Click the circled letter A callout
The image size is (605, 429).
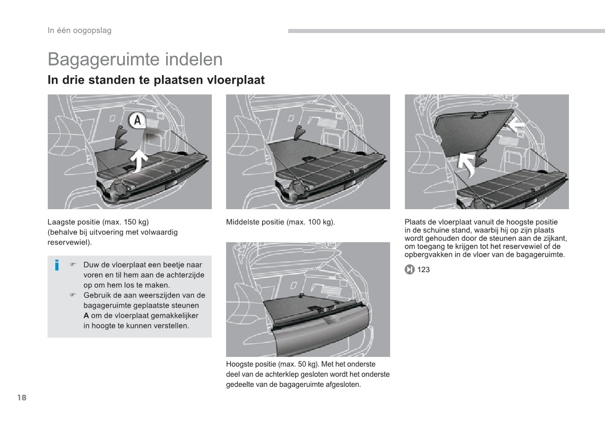pyautogui.click(x=137, y=121)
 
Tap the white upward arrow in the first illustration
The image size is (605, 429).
pyautogui.click(x=140, y=160)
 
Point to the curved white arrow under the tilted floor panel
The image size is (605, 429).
pyautogui.click(x=466, y=163)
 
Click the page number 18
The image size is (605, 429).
pyautogui.click(x=21, y=398)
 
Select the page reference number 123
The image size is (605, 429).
pyautogui.click(x=423, y=270)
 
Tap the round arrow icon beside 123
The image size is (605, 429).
pyautogui.click(x=409, y=270)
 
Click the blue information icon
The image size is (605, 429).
pyautogui.click(x=57, y=265)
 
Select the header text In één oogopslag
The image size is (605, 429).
pyautogui.click(x=79, y=30)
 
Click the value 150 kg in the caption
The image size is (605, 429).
pyautogui.click(x=134, y=222)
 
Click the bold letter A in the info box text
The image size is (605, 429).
pyautogui.click(x=86, y=316)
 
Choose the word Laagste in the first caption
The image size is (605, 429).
pyautogui.click(x=60, y=222)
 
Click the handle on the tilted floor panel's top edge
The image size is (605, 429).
pyautogui.click(x=478, y=116)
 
